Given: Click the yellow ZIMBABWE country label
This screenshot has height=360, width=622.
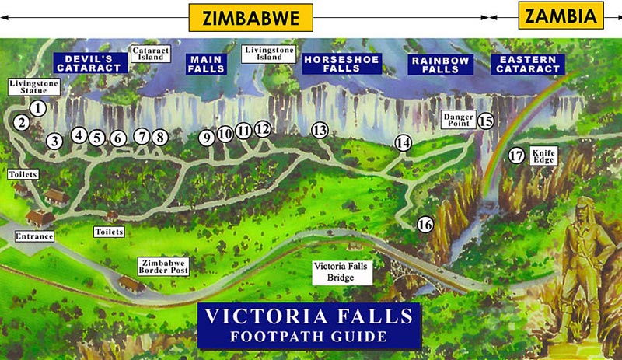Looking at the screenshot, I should pyautogui.click(x=250, y=17).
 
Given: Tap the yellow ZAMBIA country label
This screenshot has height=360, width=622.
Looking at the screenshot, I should pyautogui.click(x=561, y=15).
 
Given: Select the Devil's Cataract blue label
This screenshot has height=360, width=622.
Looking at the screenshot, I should pyautogui.click(x=92, y=63).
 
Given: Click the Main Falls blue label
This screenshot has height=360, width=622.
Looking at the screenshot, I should pyautogui.click(x=207, y=64).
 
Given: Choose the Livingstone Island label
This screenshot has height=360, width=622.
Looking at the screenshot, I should pyautogui.click(x=267, y=54).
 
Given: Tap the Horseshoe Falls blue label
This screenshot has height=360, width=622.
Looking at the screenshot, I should pyautogui.click(x=341, y=64).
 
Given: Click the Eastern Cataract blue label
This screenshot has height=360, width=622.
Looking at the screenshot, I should pyautogui.click(x=529, y=64).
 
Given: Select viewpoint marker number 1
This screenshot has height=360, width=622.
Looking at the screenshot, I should pyautogui.click(x=37, y=109).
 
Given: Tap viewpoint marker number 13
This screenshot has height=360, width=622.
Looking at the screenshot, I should pyautogui.click(x=320, y=131).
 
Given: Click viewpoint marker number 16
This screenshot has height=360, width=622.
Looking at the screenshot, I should pyautogui.click(x=425, y=225).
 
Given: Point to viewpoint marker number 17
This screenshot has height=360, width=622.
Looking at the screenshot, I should pyautogui.click(x=516, y=155).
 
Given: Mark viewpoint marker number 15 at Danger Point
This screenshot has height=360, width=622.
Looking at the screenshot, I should pyautogui.click(x=486, y=121).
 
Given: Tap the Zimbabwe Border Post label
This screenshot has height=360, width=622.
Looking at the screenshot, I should pyautogui.click(x=163, y=266).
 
